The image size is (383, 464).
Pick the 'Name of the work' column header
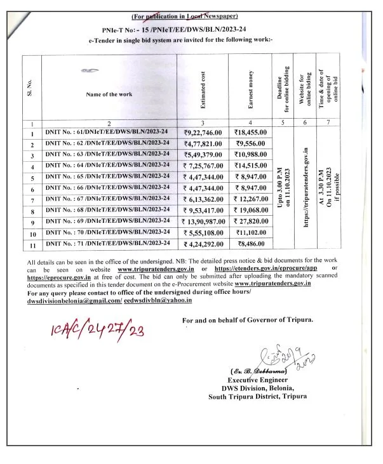pos(109,94)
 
